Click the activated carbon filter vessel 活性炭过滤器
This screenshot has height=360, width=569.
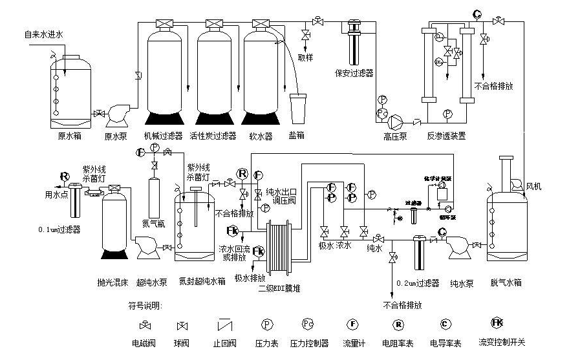(213, 71)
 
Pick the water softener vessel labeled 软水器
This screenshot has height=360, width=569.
(260, 71)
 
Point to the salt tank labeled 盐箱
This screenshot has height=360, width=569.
(298, 108)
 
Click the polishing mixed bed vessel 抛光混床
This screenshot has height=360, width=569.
(116, 223)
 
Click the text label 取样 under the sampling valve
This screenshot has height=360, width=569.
(306, 57)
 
